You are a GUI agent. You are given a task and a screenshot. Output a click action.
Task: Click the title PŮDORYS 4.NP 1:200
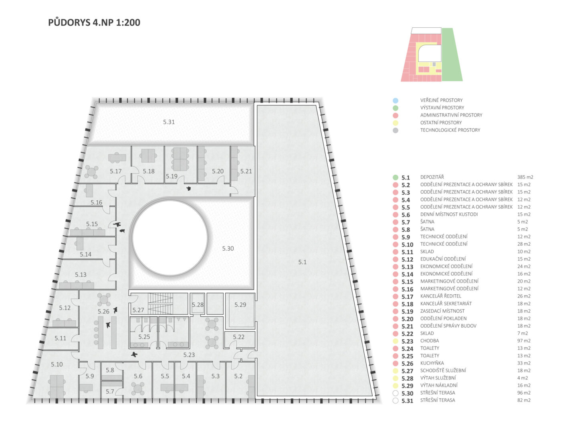(94, 22)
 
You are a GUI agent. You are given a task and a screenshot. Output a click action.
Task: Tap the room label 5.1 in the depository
(302, 262)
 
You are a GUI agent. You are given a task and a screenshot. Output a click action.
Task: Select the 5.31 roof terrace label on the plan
(169, 122)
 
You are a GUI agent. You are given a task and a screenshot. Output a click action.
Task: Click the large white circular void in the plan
(170, 238)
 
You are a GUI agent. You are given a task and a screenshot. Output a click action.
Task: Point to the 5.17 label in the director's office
(116, 171)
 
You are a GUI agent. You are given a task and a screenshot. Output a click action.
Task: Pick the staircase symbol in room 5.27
(160, 304)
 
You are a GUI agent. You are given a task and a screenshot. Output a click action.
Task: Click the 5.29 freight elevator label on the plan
(240, 305)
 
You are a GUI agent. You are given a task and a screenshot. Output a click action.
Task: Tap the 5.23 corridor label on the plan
(189, 355)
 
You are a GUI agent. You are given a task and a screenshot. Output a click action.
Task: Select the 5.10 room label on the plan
(57, 365)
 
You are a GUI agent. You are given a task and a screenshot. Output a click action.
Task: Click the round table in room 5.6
(138, 388)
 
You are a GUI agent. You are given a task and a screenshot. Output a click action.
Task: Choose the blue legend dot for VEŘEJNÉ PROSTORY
(395, 101)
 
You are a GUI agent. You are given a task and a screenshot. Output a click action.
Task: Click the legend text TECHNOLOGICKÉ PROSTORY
(450, 130)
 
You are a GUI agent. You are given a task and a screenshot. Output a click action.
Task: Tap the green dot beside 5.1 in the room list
(395, 177)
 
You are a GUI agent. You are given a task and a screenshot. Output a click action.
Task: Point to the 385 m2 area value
(525, 177)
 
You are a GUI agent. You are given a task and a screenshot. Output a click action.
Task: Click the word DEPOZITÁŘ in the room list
(432, 177)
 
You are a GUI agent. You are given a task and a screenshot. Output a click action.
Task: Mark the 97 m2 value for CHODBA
(524, 341)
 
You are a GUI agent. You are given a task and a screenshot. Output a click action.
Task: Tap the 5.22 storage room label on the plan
(238, 337)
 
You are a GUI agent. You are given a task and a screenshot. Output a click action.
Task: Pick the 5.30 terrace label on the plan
(228, 249)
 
